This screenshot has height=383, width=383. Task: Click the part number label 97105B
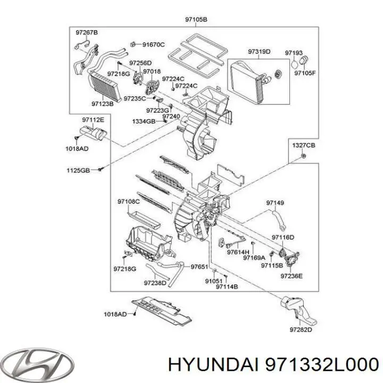tap(196, 20)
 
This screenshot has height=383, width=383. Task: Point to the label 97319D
tap(259, 52)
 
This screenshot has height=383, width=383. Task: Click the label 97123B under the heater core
tap(102, 104)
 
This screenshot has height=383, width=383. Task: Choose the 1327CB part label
tap(303, 145)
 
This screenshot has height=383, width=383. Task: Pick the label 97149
tap(275, 203)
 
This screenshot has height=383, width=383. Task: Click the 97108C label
tap(128, 202)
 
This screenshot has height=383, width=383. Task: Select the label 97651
tap(199, 266)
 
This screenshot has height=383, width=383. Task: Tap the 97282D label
tap(301, 330)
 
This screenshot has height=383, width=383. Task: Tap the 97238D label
tap(155, 284)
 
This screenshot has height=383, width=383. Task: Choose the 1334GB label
tap(144, 122)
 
